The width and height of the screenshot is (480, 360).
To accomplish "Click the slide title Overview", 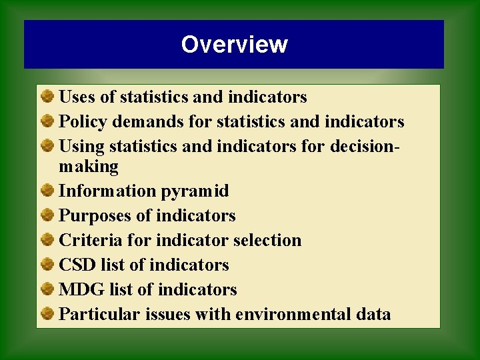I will point(234,45).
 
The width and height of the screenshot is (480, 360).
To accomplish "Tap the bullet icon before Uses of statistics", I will point(47,97).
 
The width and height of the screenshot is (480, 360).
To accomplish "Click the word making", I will point(89,166).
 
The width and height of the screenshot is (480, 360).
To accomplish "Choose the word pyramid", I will point(195,191).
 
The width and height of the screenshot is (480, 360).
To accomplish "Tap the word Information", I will point(107,191).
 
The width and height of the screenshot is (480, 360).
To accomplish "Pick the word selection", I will point(267,240).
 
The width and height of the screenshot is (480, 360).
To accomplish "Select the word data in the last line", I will point(373,314).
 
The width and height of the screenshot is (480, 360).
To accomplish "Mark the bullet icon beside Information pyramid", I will point(47,191).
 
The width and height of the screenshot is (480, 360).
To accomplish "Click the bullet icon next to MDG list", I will point(47,289).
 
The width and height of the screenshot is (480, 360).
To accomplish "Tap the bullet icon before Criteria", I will point(47,240).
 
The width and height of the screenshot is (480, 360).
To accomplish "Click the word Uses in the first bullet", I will point(77,97).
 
